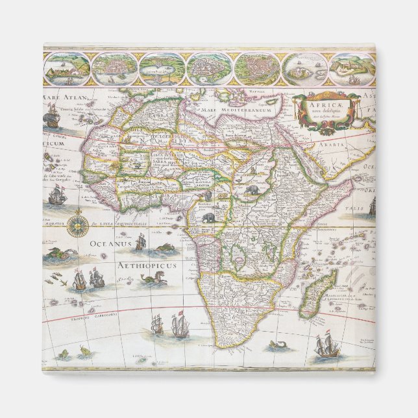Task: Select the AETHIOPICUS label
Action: [x=143, y=265]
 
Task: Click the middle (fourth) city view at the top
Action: [x=209, y=68]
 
